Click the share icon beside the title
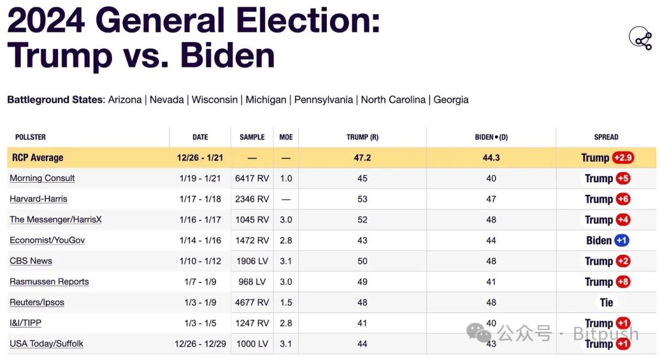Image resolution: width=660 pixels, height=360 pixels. coord(640,39)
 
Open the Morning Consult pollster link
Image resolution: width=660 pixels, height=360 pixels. coord(42,178)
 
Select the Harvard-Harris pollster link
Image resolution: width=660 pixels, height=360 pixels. coord(38,199)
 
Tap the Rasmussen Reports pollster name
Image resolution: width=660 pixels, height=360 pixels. coord(49,282)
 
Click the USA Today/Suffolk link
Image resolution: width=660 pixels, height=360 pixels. coord(46,343)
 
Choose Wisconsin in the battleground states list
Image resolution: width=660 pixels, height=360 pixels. coord(215,100)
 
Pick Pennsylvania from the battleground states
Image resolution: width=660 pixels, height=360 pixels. coord(323,100)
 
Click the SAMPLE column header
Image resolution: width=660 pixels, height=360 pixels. coord(252,137)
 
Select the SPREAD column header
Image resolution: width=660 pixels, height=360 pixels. coord(606,137)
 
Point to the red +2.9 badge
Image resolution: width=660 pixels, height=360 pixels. coord(623,158)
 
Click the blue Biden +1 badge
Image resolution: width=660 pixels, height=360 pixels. coord(621,240)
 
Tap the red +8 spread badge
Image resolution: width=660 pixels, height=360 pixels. coord(623,282)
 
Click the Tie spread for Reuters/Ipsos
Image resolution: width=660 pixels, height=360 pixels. coord(606,303)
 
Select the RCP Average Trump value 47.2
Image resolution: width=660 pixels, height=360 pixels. coord(362,158)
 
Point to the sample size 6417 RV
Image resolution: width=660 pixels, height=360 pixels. coord(252,178)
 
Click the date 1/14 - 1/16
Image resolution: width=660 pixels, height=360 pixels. coord(200,240)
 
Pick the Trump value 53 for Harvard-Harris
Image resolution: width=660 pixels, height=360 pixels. coord(362,199)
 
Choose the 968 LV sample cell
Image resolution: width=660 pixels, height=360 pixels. coord(252,282)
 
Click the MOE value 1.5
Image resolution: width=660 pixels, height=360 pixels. coord(285,303)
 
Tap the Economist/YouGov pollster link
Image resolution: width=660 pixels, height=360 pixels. coord(47,240)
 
